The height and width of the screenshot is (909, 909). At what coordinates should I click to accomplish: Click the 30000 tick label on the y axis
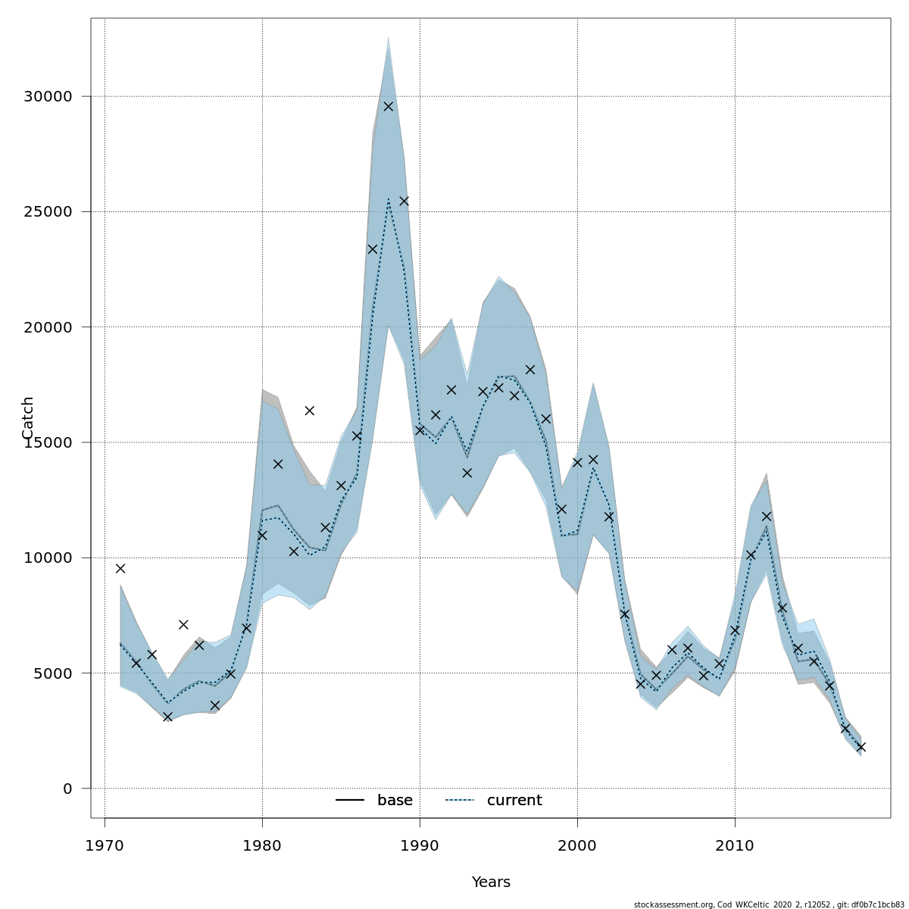pos(46,97)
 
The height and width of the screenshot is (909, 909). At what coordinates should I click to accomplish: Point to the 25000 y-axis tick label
pos(46,212)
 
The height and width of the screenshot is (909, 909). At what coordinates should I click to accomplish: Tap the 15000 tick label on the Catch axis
pos(46,442)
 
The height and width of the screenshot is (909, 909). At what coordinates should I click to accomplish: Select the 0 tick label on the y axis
pos(67,789)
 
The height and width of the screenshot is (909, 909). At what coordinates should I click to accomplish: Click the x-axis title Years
pos(491,882)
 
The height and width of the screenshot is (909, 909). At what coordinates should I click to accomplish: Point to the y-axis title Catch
pos(28,417)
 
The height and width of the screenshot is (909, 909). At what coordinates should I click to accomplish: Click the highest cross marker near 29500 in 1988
pos(388,106)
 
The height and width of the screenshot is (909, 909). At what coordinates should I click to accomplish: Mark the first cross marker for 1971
pos(120,568)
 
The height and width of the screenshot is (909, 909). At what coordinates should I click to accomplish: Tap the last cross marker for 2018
pos(861,747)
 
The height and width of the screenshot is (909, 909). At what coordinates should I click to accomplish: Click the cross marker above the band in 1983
pos(309,411)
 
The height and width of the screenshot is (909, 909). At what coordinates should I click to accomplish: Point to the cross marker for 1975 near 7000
pos(183,624)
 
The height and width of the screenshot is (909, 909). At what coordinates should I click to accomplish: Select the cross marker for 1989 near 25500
pos(404,201)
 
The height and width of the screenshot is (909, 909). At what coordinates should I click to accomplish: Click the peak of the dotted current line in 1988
pos(388,199)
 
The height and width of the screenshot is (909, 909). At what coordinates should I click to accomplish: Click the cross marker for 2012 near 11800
pos(766,516)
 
